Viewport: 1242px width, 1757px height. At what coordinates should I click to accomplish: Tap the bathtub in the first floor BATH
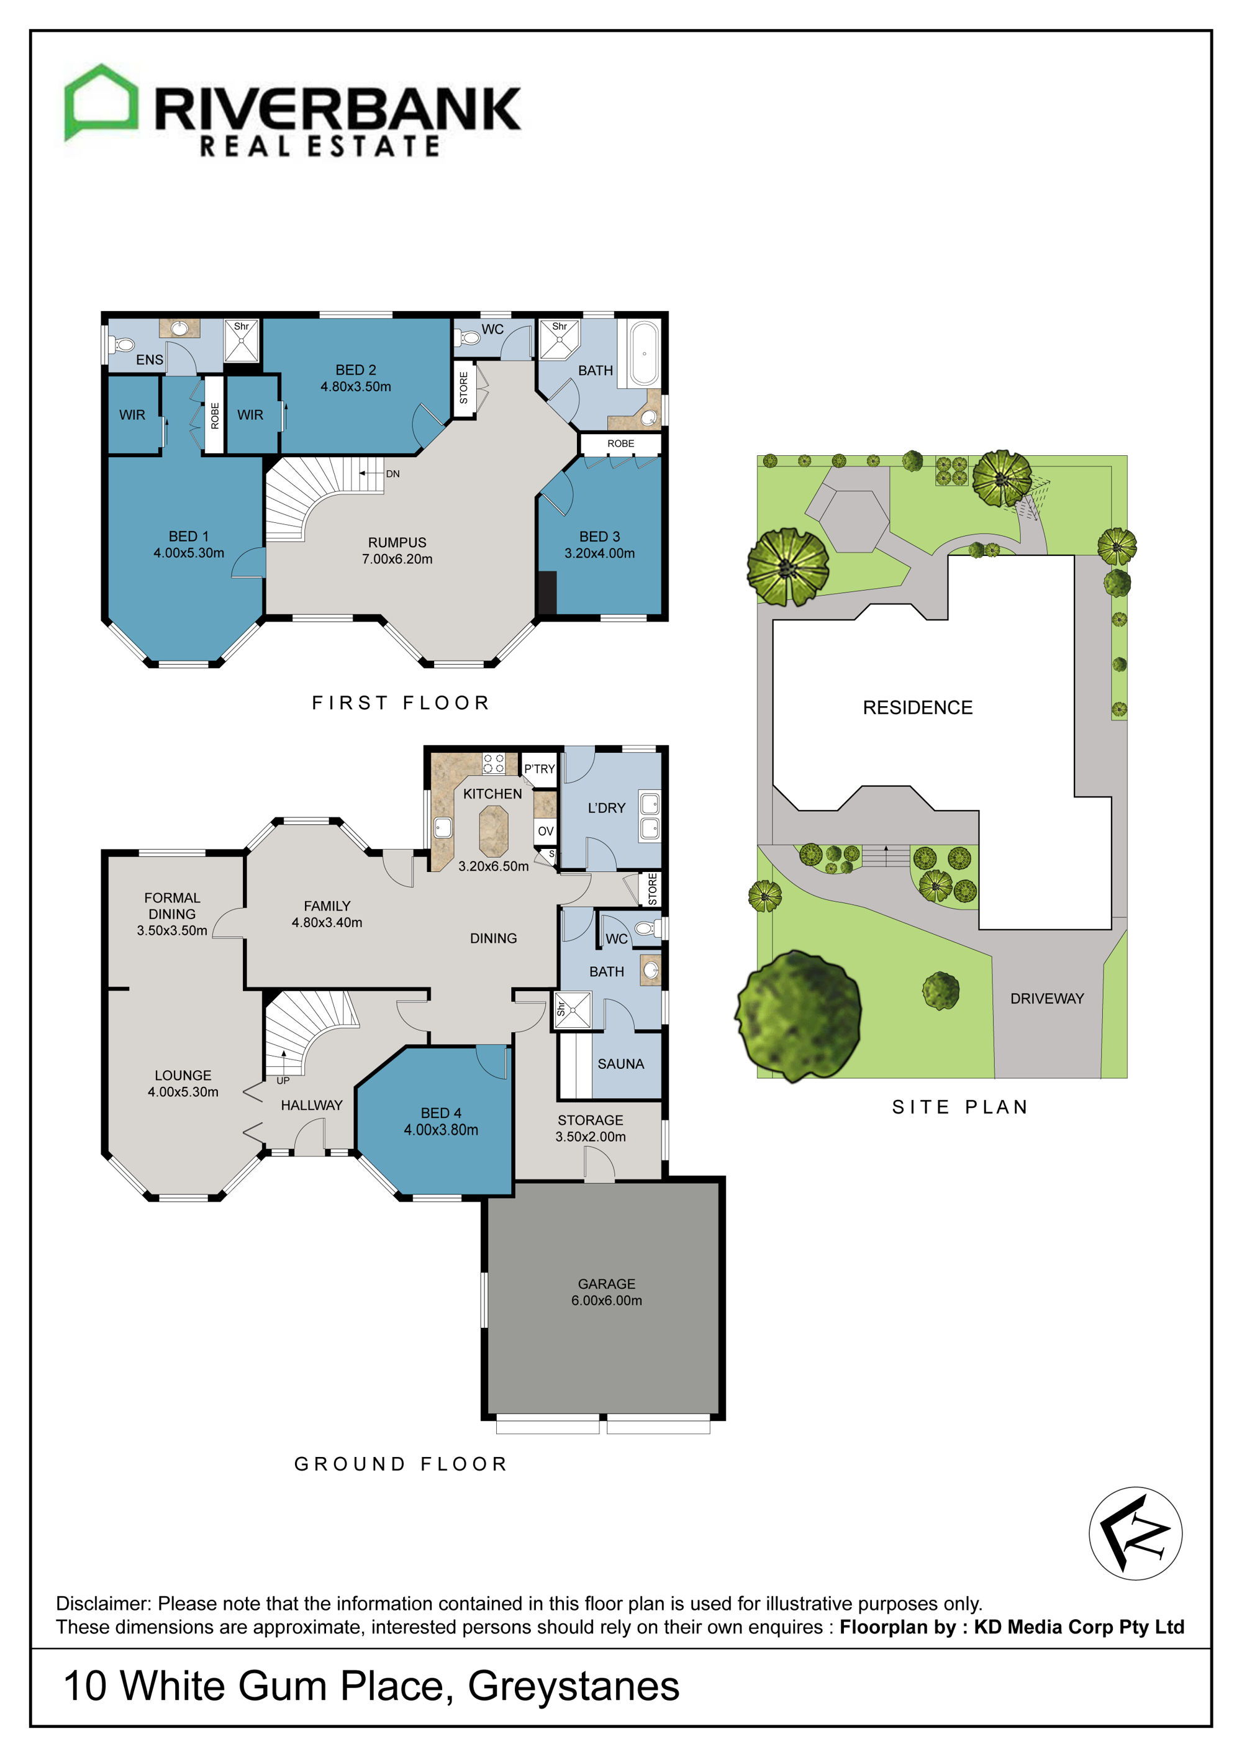[643, 353]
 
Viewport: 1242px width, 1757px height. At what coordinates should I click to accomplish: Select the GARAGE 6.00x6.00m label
[606, 1292]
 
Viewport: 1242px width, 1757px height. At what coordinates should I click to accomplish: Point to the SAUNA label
[620, 1064]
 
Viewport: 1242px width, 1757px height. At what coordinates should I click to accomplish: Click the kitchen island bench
[494, 831]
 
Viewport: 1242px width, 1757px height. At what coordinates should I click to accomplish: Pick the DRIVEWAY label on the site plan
[1047, 999]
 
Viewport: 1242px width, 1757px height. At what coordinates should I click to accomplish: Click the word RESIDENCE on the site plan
[918, 708]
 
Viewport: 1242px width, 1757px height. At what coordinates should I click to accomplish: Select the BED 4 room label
[441, 1121]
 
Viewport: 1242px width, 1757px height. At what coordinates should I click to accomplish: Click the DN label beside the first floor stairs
[392, 474]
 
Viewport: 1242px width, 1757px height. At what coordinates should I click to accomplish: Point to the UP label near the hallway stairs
[283, 1081]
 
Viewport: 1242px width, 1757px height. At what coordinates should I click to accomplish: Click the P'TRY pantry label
[540, 769]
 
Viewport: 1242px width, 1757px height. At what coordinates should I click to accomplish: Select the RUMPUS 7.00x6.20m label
[397, 550]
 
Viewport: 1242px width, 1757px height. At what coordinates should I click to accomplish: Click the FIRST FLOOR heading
[400, 702]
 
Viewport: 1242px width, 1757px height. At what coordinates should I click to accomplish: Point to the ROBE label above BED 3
[620, 444]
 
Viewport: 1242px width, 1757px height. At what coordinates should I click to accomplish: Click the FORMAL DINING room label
[172, 906]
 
